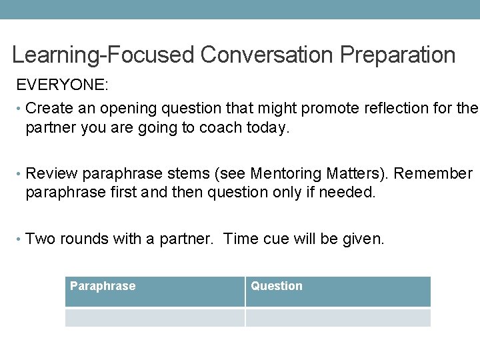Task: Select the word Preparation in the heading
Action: pyautogui.click(x=397, y=55)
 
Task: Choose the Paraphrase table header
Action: pyautogui.click(x=103, y=286)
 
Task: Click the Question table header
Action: pyautogui.click(x=277, y=286)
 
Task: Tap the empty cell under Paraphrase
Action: pyautogui.click(x=155, y=317)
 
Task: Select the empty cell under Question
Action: pyautogui.click(x=338, y=317)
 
